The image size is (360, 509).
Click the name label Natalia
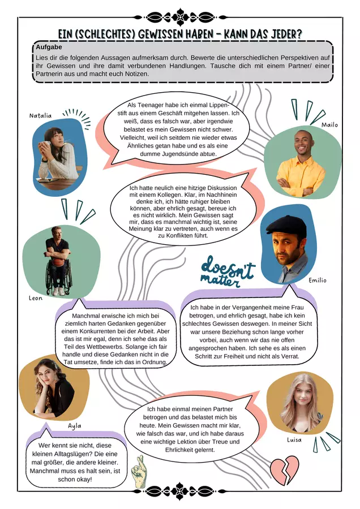pyautogui.click(x=40, y=115)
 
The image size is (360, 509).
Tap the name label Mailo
pyautogui.click(x=329, y=125)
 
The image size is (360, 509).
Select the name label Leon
pyautogui.click(x=36, y=298)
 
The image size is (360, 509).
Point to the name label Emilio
pyautogui.click(x=317, y=280)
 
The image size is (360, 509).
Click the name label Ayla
pyautogui.click(x=74, y=426)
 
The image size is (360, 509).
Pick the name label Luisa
pyautogui.click(x=294, y=440)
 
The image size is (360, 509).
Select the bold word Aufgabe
pyautogui.click(x=49, y=47)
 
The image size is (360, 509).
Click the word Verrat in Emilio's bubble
pyautogui.click(x=290, y=356)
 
